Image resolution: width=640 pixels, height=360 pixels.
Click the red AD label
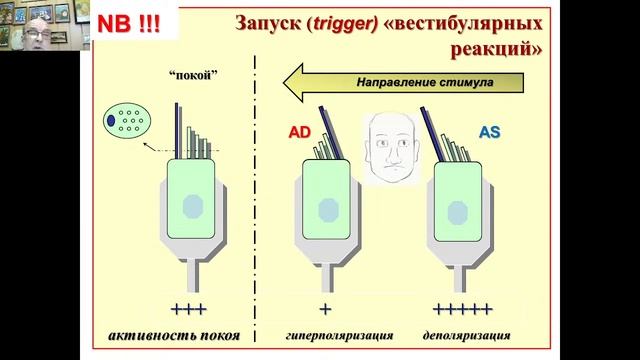pos(300,131)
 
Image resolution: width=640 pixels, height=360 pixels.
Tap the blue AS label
pos(490,130)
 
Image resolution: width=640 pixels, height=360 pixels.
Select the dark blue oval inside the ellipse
pos(110,122)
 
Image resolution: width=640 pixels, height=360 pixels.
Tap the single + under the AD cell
pos(324,307)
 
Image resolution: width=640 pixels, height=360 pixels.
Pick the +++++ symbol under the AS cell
pos(461,307)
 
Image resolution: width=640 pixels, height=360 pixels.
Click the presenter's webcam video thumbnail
pos(40,40)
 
